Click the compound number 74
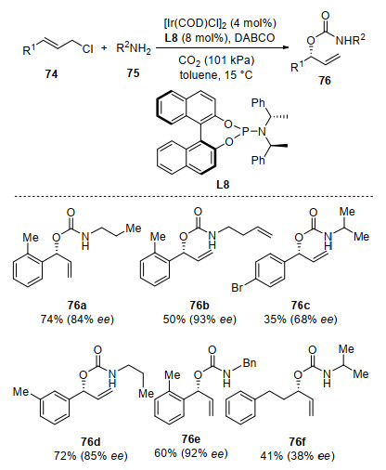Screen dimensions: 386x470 click(x=51, y=74)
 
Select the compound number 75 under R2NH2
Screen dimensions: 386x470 click(x=133, y=73)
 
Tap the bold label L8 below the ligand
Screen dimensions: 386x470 click(x=223, y=185)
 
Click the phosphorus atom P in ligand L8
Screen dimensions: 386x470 click(x=245, y=132)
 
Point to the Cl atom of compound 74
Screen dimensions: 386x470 click(x=87, y=49)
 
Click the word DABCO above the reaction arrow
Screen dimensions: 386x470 click(x=254, y=38)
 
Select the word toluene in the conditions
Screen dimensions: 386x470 click(x=198, y=74)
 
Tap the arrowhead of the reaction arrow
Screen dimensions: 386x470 click(x=286, y=47)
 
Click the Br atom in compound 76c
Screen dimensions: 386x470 click(x=238, y=288)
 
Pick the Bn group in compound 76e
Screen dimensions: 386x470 click(x=250, y=363)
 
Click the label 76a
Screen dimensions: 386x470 click(x=77, y=306)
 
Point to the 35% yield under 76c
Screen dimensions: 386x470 click(x=275, y=320)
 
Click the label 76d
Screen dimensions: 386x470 click(x=91, y=442)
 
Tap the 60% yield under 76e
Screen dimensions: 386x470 click(x=165, y=453)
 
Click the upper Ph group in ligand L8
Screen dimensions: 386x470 click(x=258, y=103)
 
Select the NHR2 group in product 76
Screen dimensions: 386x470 click(x=351, y=39)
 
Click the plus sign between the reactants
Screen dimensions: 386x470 click(x=104, y=48)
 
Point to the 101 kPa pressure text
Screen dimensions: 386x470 click(x=229, y=60)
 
